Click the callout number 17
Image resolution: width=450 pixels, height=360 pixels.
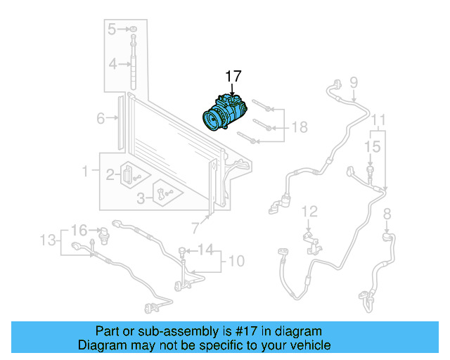[232, 76]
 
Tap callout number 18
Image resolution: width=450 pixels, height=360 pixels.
[300, 127]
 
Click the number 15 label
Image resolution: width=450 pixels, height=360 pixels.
[373, 146]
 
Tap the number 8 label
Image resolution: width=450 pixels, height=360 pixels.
[387, 213]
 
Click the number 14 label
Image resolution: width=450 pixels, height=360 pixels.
[204, 249]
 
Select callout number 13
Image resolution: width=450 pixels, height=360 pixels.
[47, 240]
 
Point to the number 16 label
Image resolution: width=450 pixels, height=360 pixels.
[79, 230]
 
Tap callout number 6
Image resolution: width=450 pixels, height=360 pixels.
[101, 117]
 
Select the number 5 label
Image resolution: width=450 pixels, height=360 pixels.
[112, 29]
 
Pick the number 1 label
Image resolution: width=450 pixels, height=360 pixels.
[86, 171]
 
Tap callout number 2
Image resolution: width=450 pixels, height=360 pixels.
[110, 175]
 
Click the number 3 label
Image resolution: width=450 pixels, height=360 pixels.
[141, 199]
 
